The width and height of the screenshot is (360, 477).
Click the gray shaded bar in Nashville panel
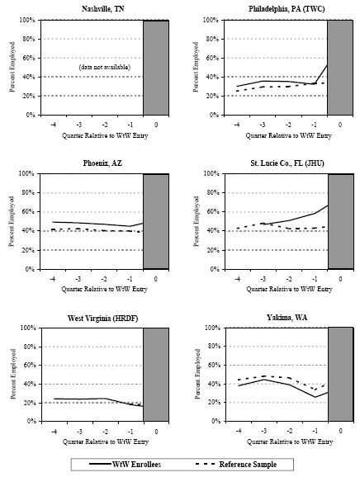[156, 67]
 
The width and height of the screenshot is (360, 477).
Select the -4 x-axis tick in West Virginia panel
[54, 432]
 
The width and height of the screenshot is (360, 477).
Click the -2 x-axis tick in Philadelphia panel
[290, 124]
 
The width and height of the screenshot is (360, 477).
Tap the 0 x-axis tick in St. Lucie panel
[341, 278]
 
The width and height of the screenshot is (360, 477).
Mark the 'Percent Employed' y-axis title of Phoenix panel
[12, 220]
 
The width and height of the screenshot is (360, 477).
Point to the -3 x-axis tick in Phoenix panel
[79, 278]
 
